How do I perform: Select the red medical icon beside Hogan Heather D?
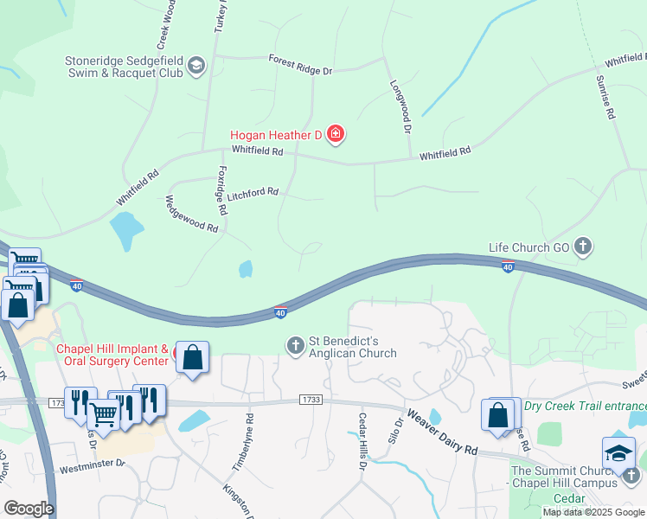pyautogui.click(x=336, y=134)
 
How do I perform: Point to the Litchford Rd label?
pyautogui.click(x=252, y=193)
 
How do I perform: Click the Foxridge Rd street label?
pyautogui.click(x=221, y=190)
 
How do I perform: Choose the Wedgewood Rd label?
pyautogui.click(x=191, y=215)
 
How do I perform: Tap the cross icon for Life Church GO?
pyautogui.click(x=584, y=247)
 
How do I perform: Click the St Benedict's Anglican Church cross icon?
pyautogui.click(x=295, y=346)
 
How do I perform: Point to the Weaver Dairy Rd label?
pyautogui.click(x=442, y=433)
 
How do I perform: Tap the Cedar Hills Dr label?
pyautogui.click(x=362, y=441)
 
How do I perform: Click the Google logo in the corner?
pyautogui.click(x=29, y=509)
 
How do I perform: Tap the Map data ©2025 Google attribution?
pyautogui.click(x=593, y=512)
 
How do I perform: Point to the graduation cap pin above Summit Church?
pyautogui.click(x=618, y=454)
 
